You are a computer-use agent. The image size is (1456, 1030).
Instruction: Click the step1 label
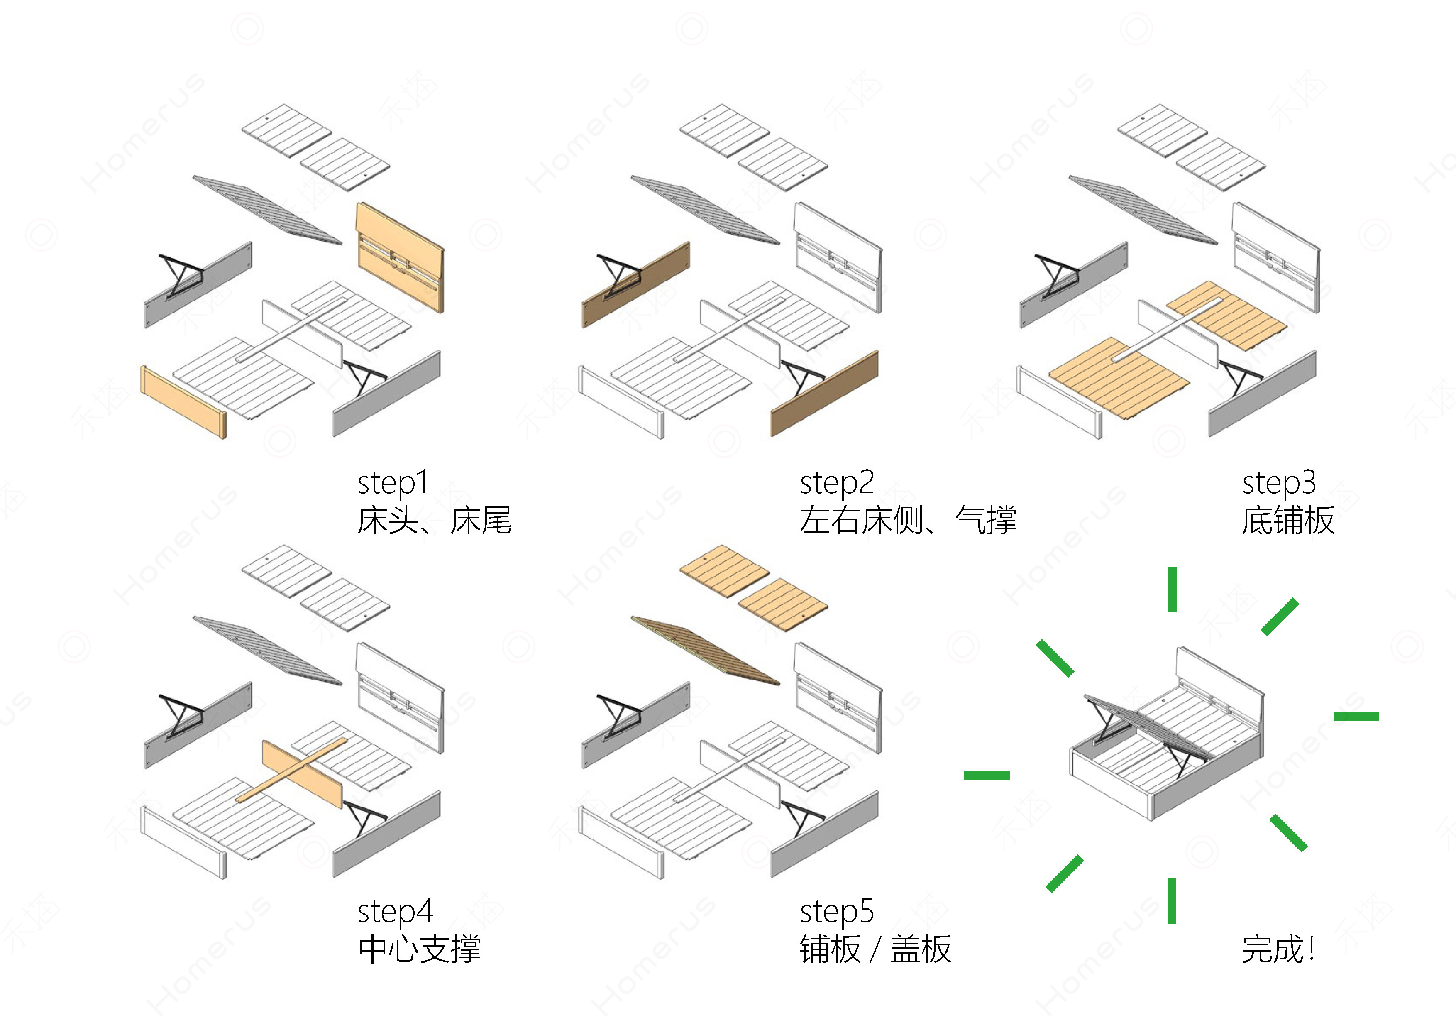tap(393, 483)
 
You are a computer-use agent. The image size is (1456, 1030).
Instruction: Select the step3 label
tap(1278, 483)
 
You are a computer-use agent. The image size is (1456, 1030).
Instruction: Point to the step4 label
tap(394, 912)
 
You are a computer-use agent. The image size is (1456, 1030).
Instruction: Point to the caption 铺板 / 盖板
tap(875, 949)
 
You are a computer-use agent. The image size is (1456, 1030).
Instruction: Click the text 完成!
tap(1278, 949)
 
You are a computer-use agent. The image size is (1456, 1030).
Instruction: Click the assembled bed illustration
tap(1167, 736)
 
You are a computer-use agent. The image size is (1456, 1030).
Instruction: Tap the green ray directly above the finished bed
tap(1173, 589)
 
